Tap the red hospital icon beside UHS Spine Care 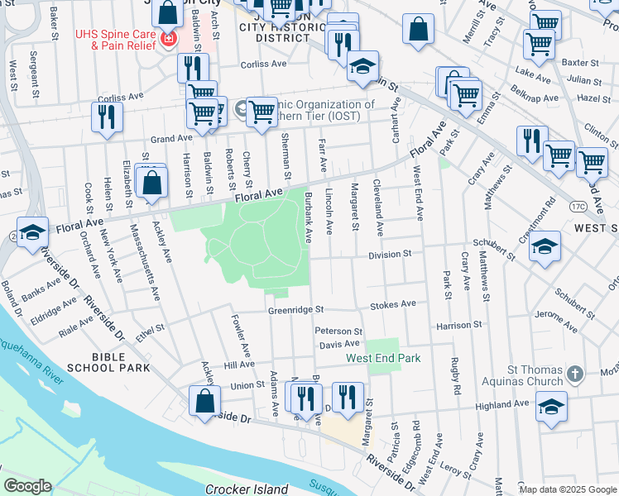[168, 39]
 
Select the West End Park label [383, 358]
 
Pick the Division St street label [390, 254]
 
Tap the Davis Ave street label [339, 343]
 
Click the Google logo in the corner [27, 486]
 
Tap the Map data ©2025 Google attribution [567, 489]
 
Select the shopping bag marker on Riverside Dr [204, 402]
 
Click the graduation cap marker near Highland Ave [551, 407]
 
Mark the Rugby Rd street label [455, 376]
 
